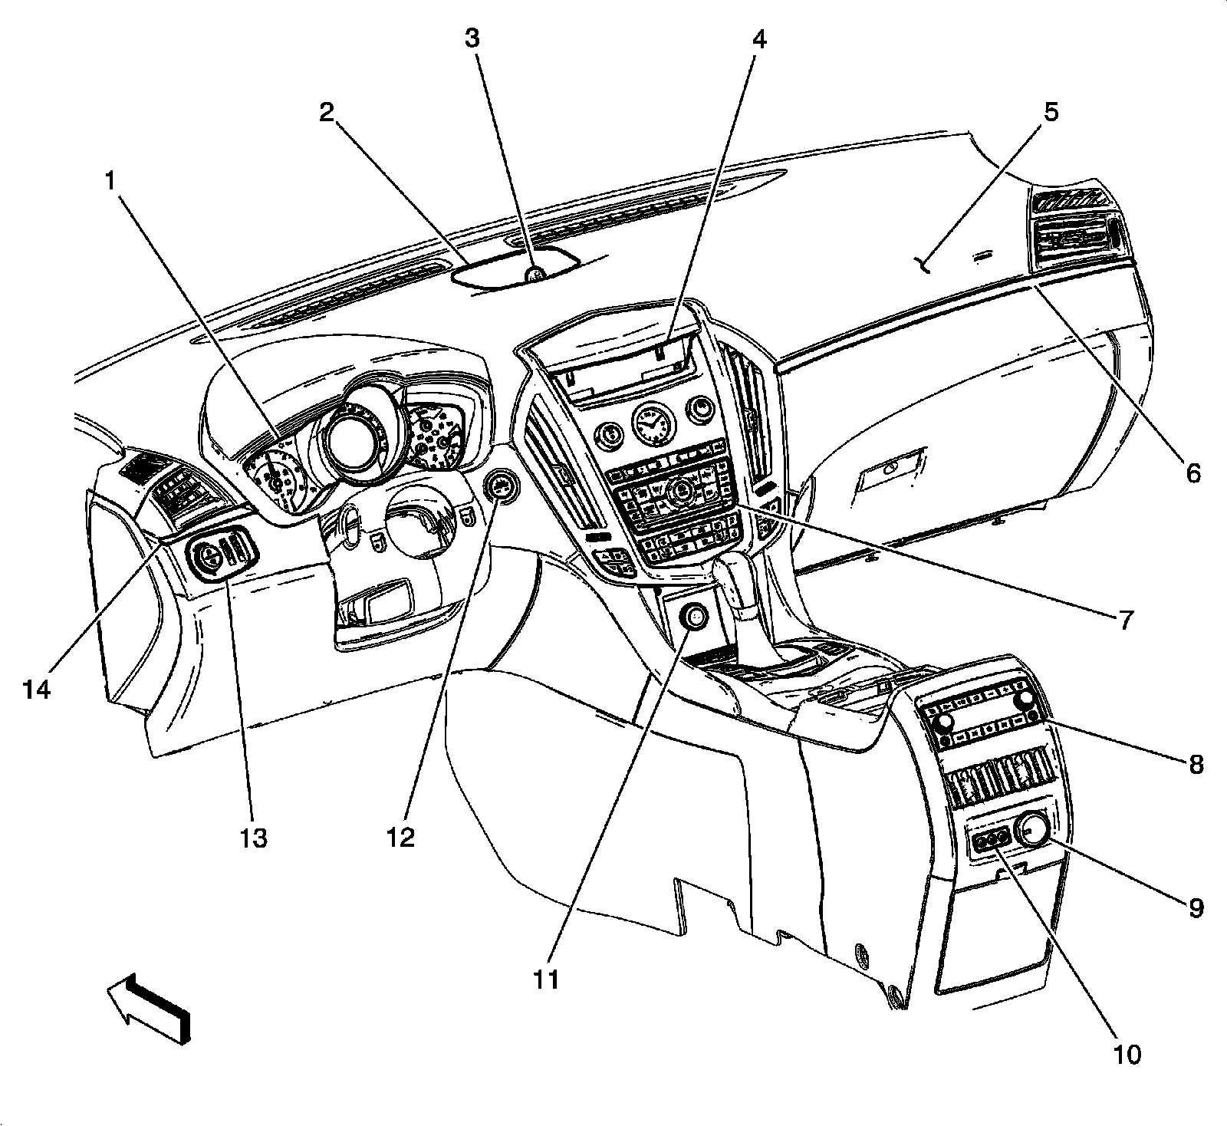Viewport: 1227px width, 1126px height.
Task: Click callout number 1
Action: click(112, 181)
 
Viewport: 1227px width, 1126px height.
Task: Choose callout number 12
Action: click(400, 837)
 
